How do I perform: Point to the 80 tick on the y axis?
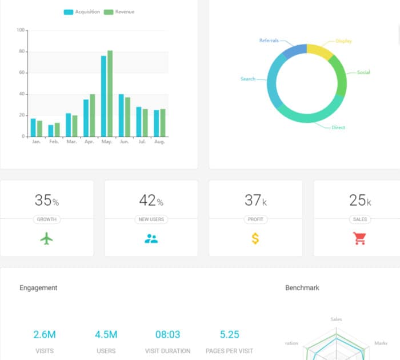click(22, 51)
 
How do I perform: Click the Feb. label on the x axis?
click(54, 142)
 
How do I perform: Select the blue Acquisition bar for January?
click(33, 127)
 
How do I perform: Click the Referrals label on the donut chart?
click(269, 41)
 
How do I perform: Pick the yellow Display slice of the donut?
click(319, 51)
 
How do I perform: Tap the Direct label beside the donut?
click(338, 127)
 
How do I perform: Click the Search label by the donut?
click(248, 79)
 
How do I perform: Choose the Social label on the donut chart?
click(363, 73)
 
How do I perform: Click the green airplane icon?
click(47, 239)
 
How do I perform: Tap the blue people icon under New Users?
click(151, 239)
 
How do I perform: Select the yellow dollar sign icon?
click(255, 239)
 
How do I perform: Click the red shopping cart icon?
click(360, 239)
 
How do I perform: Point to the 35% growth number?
click(46, 201)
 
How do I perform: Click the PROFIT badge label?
click(255, 219)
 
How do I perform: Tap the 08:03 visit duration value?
click(167, 335)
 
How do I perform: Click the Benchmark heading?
click(302, 288)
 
